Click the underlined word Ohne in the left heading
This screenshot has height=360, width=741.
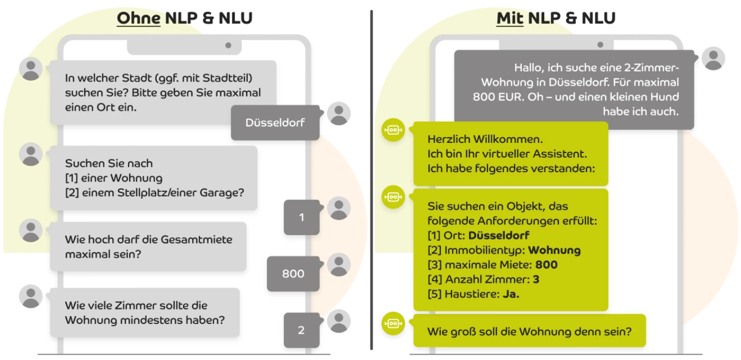click(139, 19)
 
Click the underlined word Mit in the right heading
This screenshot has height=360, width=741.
click(510, 19)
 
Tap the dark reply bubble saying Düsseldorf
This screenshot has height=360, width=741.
click(275, 123)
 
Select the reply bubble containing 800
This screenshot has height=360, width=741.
click(293, 274)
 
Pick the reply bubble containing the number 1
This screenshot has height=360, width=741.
click(302, 217)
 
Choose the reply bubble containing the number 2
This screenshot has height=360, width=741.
click(301, 330)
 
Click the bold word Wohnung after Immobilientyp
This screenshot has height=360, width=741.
click(554, 250)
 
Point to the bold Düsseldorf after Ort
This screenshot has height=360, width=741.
click(499, 236)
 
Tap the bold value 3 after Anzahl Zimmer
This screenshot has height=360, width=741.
click(536, 280)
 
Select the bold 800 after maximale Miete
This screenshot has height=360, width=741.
click(546, 265)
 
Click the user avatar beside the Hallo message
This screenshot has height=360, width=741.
click(713, 58)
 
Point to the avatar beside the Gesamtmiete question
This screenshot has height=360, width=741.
click(31, 230)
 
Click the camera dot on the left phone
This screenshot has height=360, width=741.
click(228, 46)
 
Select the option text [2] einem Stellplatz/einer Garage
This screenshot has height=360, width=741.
click(155, 193)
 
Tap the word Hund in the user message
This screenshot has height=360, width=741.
click(665, 97)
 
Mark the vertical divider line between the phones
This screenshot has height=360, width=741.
click(372, 180)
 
